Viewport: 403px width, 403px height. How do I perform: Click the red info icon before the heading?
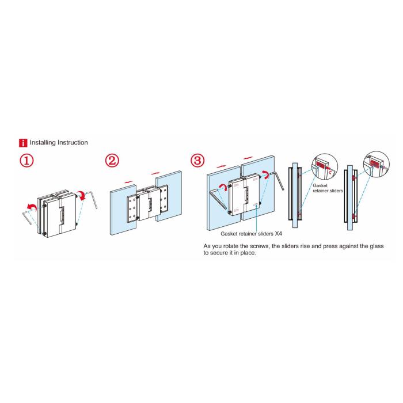pyautogui.click(x=23, y=143)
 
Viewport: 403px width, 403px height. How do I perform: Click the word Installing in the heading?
pyautogui.click(x=43, y=143)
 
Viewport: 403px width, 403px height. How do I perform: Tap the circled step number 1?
pyautogui.click(x=26, y=161)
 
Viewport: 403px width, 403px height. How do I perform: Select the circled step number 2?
pyautogui.click(x=112, y=161)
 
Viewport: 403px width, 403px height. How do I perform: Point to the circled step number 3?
pyautogui.click(x=197, y=161)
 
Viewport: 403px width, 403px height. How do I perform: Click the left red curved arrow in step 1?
pyautogui.click(x=32, y=206)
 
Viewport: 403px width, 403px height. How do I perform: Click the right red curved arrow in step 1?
pyautogui.click(x=82, y=195)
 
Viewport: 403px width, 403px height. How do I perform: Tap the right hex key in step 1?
pyautogui.click(x=93, y=199)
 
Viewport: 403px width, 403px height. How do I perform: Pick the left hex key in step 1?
pyautogui.click(x=28, y=216)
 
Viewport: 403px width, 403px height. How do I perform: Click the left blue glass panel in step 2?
pyautogui.click(x=123, y=210)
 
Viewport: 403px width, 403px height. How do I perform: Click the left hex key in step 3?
pyautogui.click(x=218, y=198)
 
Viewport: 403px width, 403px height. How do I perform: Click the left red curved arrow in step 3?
pyautogui.click(x=223, y=187)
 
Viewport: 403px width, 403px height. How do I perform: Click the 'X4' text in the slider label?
pyautogui.click(x=278, y=234)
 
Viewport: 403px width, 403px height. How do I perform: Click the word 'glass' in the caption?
pyautogui.click(x=377, y=246)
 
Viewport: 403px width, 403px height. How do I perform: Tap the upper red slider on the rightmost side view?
pyautogui.click(x=355, y=178)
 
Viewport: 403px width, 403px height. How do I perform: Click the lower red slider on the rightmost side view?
pyautogui.click(x=355, y=216)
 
